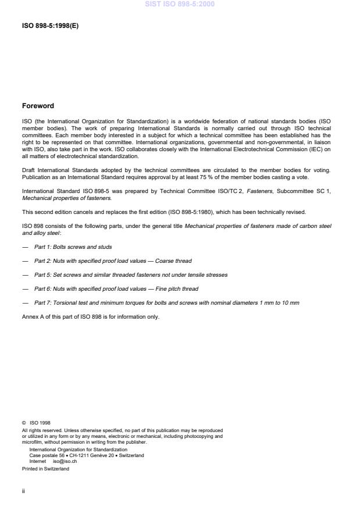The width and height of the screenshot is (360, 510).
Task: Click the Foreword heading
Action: pyautogui.click(x=37, y=106)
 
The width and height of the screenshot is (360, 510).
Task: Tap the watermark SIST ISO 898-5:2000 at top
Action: pyautogui.click(x=180, y=4)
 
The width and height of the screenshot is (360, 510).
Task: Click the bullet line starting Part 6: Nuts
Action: pyautogui.click(x=116, y=288)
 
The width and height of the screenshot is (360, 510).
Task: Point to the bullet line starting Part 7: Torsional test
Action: pyautogui.click(x=167, y=302)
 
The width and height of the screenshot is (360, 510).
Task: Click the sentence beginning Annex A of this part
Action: pyautogui.click(x=90, y=316)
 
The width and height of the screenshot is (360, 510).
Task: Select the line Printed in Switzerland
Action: pyautogui.click(x=45, y=469)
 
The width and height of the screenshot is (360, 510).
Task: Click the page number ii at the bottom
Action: pyautogui.click(x=23, y=490)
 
